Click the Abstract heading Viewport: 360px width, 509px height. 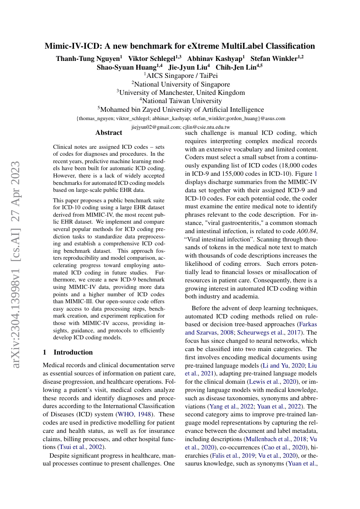[x=109, y=133]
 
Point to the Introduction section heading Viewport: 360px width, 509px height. [x=73, y=352]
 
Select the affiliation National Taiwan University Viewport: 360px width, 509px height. [x=180, y=101]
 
